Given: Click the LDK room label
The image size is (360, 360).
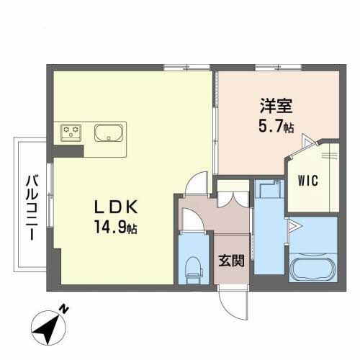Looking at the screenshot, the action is pyautogui.click(x=116, y=207).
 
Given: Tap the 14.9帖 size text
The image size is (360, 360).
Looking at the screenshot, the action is pyautogui.click(x=116, y=227).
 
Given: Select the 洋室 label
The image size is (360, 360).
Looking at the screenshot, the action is pyautogui.click(x=276, y=106).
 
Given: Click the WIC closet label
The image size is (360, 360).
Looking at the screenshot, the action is pyautogui.click(x=308, y=181).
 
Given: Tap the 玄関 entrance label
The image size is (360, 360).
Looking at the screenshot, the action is pyautogui.click(x=231, y=261).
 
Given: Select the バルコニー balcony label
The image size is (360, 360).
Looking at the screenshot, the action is pyautogui.click(x=32, y=207).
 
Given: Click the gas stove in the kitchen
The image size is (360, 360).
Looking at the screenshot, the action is pyautogui.click(x=71, y=132).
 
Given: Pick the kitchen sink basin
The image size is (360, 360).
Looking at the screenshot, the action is pyautogui.click(x=109, y=132).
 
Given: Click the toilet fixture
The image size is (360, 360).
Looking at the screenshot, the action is pyautogui.click(x=194, y=271).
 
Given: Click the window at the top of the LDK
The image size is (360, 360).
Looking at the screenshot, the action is pyautogui.click(x=187, y=68).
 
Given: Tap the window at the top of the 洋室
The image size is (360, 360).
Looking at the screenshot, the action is pyautogui.click(x=278, y=68).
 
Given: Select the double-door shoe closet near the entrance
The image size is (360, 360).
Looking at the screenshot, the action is pyautogui.click(x=233, y=199).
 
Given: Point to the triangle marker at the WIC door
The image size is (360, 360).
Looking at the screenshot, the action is pyautogui.click(x=307, y=140).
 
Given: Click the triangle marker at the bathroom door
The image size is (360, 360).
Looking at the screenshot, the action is pyautogui.click(x=294, y=226).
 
